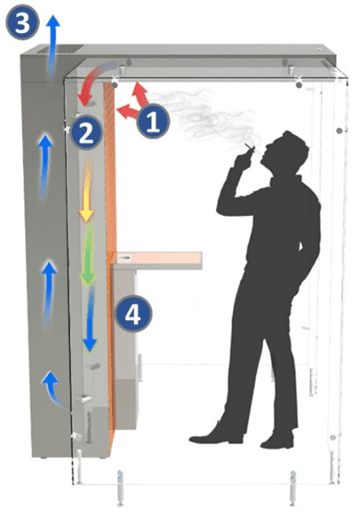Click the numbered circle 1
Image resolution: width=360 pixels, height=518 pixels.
[153, 121]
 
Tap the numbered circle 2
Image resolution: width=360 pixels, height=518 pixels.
[86, 132]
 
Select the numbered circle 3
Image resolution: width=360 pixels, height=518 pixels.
[22, 22]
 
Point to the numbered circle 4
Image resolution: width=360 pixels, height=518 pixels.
[133, 315]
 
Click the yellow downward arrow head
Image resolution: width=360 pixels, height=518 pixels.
[86, 216]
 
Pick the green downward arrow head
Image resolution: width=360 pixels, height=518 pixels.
[88, 278]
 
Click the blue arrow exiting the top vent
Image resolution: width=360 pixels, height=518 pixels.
[52, 46]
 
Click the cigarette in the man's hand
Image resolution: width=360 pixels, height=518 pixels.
[250, 147]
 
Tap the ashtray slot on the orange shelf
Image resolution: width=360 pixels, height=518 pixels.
[124, 258]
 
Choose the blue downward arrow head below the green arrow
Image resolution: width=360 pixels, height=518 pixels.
[89, 344]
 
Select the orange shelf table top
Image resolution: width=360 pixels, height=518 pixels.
[156, 259]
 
